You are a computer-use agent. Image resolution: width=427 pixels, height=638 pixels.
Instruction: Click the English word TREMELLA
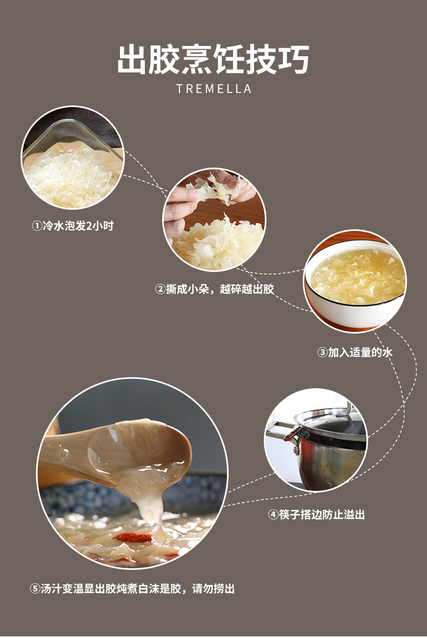point(214,89)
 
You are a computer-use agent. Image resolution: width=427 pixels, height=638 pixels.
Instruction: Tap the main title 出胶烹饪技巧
point(213,59)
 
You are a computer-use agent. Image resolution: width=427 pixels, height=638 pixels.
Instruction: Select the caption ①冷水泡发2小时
point(73,225)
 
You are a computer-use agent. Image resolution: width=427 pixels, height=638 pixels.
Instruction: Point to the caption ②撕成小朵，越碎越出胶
point(215,289)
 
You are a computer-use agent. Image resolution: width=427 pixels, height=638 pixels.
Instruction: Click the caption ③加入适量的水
point(355,353)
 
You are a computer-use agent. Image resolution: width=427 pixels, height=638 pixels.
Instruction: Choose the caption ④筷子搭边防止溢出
point(316,515)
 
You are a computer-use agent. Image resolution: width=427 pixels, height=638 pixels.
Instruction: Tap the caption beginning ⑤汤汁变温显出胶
point(132,589)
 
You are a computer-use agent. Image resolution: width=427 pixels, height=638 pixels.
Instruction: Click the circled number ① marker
point(37,226)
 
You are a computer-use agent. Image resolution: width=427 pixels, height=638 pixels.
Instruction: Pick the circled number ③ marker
point(322,353)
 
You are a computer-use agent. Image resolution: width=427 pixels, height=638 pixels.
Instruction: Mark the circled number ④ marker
point(273,515)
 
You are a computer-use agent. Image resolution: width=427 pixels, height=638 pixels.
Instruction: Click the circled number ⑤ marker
point(35,589)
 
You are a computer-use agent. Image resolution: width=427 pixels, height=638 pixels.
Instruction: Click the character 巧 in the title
point(294,59)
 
